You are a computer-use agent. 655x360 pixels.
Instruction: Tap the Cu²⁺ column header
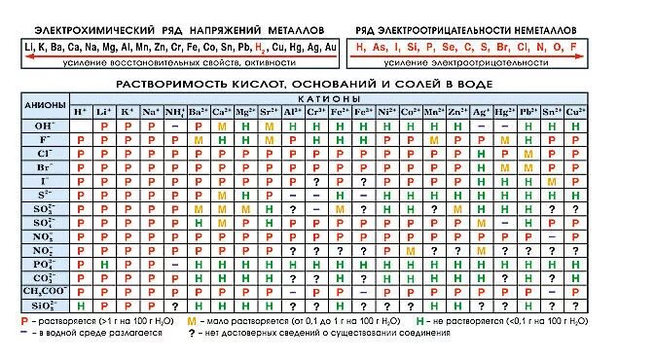pos(576,112)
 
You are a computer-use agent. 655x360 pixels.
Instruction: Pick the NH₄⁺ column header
pos(175,112)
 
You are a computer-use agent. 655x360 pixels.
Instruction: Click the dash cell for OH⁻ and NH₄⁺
pos(175,126)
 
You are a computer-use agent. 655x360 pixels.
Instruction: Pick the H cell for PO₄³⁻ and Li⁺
pos(104,263)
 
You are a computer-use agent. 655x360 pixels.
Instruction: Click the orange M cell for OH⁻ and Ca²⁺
pos(222,126)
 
